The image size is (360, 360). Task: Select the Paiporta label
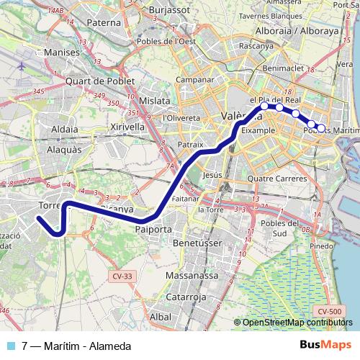[153, 230]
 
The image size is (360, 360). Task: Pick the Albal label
[161, 317]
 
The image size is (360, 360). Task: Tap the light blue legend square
[11, 345]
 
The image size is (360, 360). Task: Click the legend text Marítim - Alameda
[80, 345]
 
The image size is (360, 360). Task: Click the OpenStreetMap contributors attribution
[298, 323]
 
